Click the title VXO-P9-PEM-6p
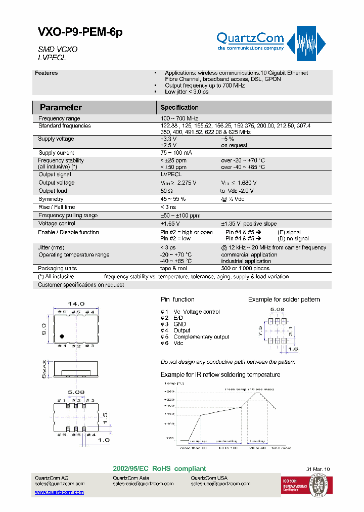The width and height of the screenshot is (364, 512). tap(80, 33)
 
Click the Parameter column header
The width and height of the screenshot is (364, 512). tap(61, 107)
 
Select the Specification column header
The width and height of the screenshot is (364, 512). tap(179, 107)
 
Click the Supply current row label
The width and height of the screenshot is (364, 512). tap(56, 153)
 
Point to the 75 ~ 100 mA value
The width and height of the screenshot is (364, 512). tap(176, 153)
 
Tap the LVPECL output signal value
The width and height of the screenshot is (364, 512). tap(171, 175)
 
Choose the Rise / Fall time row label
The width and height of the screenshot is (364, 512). tap(57, 207)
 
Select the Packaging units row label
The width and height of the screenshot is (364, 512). tap(58, 269)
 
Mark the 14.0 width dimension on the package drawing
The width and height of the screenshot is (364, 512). tap(76, 304)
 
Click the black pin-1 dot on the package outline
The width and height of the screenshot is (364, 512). tap(62, 336)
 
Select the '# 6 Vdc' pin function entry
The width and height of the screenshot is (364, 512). tap(172, 344)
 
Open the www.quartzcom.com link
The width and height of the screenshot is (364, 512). tap(59, 492)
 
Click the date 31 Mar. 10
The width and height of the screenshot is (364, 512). tap(318, 470)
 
